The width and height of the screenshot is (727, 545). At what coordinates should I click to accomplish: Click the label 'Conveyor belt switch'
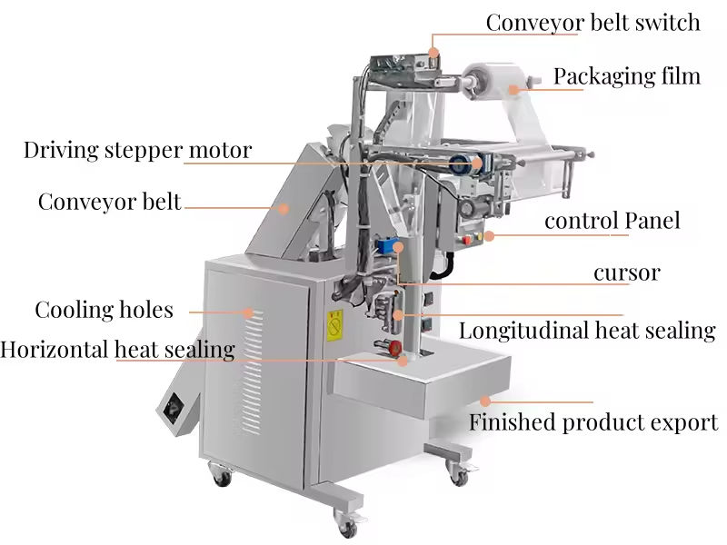[593, 22]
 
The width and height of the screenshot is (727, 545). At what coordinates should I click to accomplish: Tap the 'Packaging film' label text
[627, 75]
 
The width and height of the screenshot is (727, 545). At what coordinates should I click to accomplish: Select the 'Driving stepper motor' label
[137, 150]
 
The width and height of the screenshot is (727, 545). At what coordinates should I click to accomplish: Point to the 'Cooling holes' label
[104, 310]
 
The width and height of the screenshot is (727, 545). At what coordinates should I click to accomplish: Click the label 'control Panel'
[612, 221]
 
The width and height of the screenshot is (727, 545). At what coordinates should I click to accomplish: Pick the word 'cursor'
[626, 272]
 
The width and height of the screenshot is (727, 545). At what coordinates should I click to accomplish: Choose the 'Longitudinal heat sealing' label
[586, 331]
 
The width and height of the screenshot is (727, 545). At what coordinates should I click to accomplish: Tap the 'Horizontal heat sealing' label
[117, 349]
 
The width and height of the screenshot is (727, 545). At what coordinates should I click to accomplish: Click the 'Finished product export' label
[593, 422]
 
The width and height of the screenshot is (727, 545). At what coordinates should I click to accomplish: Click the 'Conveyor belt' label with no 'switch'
[109, 202]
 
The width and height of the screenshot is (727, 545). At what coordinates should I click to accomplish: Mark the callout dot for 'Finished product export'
[485, 400]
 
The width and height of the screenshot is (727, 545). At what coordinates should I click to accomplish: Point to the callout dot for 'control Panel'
[489, 236]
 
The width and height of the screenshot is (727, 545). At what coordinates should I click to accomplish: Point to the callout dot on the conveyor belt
[284, 207]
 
